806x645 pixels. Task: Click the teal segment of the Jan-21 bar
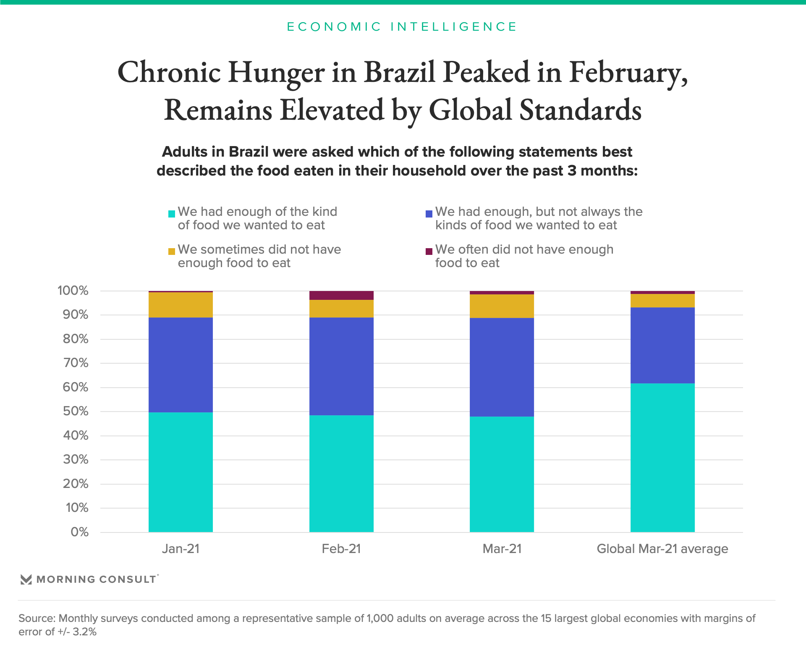coord(181,472)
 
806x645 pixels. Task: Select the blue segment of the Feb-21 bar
coord(341,366)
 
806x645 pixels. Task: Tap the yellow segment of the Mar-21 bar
coord(502,306)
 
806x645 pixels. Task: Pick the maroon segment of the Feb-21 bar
coord(341,295)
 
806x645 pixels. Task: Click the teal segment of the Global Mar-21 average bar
coord(662,458)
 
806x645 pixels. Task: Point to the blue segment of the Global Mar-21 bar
coord(662,345)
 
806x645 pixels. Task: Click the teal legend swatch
coord(171,214)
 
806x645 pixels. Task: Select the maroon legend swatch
coord(429,252)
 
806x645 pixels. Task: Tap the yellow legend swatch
coord(171,252)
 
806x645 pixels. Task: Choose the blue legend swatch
coord(429,214)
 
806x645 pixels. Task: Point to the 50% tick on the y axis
coord(76,411)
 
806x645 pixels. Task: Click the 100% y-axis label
coord(73,291)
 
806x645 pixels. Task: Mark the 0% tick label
coord(79,532)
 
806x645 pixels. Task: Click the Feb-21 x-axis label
coord(341,549)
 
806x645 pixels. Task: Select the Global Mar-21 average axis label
coord(662,549)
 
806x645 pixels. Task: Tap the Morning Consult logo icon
coord(26,579)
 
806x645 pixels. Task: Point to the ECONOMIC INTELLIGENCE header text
coord(402,27)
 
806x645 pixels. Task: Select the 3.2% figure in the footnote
coord(85,632)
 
